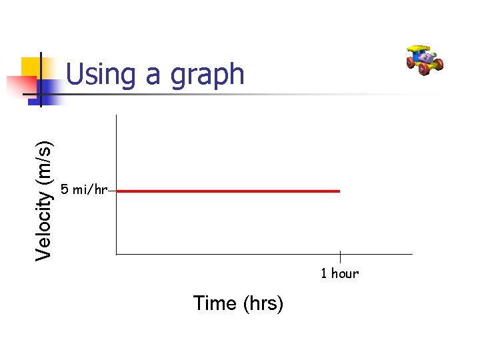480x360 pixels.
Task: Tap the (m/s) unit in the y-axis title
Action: click(x=45, y=160)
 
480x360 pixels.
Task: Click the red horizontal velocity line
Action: click(x=227, y=191)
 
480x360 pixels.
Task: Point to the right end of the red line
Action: click(x=339, y=191)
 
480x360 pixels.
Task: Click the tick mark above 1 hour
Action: click(x=340, y=257)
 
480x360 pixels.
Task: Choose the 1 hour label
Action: click(x=339, y=273)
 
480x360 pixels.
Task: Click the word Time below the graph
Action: click(x=215, y=303)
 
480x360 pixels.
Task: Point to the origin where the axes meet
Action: click(x=116, y=254)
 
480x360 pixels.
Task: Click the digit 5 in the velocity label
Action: click(x=64, y=190)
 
